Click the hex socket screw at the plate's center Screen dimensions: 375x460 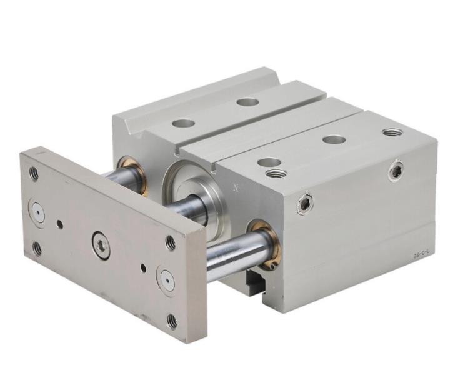[x=101, y=244]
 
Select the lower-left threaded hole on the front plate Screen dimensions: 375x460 [x=37, y=248]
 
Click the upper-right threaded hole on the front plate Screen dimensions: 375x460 [x=171, y=242]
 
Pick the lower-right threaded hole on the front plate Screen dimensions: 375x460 [x=172, y=321]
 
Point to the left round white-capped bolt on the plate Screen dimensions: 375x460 [x=37, y=213]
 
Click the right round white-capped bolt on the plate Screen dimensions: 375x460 [x=167, y=280]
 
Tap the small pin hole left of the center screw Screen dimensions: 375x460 [x=59, y=224]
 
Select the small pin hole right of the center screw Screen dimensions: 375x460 [x=143, y=268]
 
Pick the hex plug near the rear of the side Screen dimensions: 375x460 [x=396, y=169]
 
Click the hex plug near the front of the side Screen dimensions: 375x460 [x=304, y=204]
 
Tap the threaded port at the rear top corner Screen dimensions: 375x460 [x=392, y=132]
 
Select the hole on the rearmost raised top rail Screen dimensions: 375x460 [x=248, y=101]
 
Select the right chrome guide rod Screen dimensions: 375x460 [x=234, y=254]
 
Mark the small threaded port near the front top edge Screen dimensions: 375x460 [x=276, y=172]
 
